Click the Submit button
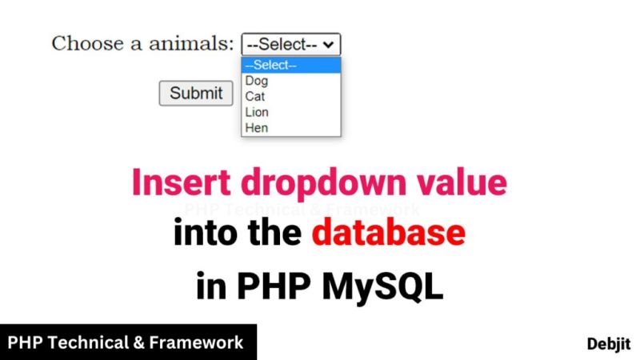click(196, 93)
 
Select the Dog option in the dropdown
click(257, 81)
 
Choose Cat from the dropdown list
click(255, 96)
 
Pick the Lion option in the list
click(257, 112)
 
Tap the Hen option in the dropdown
click(257, 127)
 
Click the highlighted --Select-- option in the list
click(271, 66)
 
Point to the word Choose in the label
click(86, 43)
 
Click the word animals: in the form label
click(192, 43)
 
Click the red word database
click(388, 233)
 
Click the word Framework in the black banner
click(202, 342)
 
